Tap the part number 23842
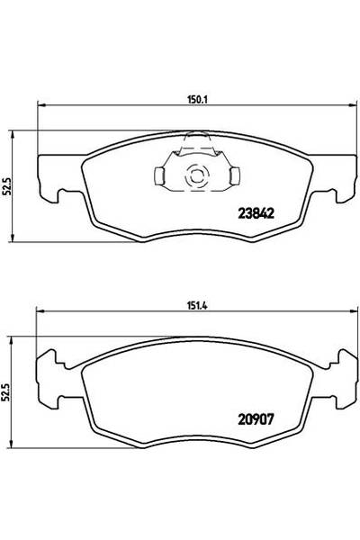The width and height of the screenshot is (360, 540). click(x=255, y=214)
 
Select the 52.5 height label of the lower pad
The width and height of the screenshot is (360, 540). click(x=11, y=392)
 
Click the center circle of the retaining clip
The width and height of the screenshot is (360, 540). click(x=193, y=177)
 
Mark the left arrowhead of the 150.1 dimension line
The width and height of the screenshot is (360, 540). click(x=39, y=110)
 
